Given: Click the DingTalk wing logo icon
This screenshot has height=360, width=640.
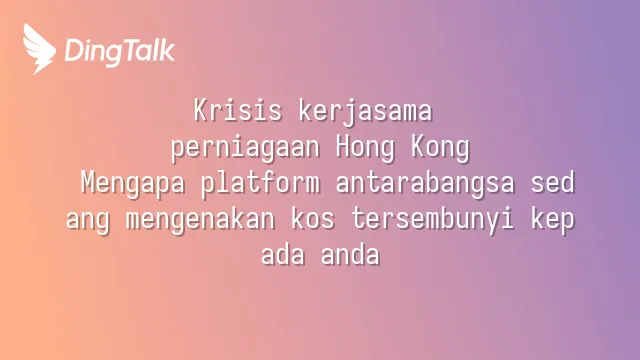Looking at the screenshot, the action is pos(38,49).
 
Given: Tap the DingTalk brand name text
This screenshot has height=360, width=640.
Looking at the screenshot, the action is pos(120,52).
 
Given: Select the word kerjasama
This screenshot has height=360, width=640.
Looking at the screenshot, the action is pos(365,111).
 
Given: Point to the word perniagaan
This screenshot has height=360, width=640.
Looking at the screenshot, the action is pos(245,148).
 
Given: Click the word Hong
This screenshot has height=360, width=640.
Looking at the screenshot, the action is pos(366,147).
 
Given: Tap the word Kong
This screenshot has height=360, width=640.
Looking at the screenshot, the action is pos(440,147).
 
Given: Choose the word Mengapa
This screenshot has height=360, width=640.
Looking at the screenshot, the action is pos(133,184).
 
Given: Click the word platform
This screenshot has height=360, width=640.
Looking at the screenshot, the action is pos(260,183).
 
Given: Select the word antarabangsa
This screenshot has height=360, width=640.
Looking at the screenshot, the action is pos(425,184).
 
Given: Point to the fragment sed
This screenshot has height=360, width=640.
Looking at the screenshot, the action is pos(553,182).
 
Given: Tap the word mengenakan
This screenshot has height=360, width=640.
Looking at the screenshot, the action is pos(200,219).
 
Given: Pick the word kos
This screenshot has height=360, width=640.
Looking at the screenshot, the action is pos(313,218).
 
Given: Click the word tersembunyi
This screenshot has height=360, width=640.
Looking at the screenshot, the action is pos(433,220).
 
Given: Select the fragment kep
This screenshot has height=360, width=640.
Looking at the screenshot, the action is pos(553,220).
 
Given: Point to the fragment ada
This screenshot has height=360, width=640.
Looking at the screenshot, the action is pos(283,254).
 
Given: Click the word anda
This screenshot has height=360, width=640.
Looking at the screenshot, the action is pos(351,254).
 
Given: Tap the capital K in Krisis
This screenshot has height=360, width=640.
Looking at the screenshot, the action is pos(200,110).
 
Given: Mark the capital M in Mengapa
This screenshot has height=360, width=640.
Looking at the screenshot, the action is pos(88,182).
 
